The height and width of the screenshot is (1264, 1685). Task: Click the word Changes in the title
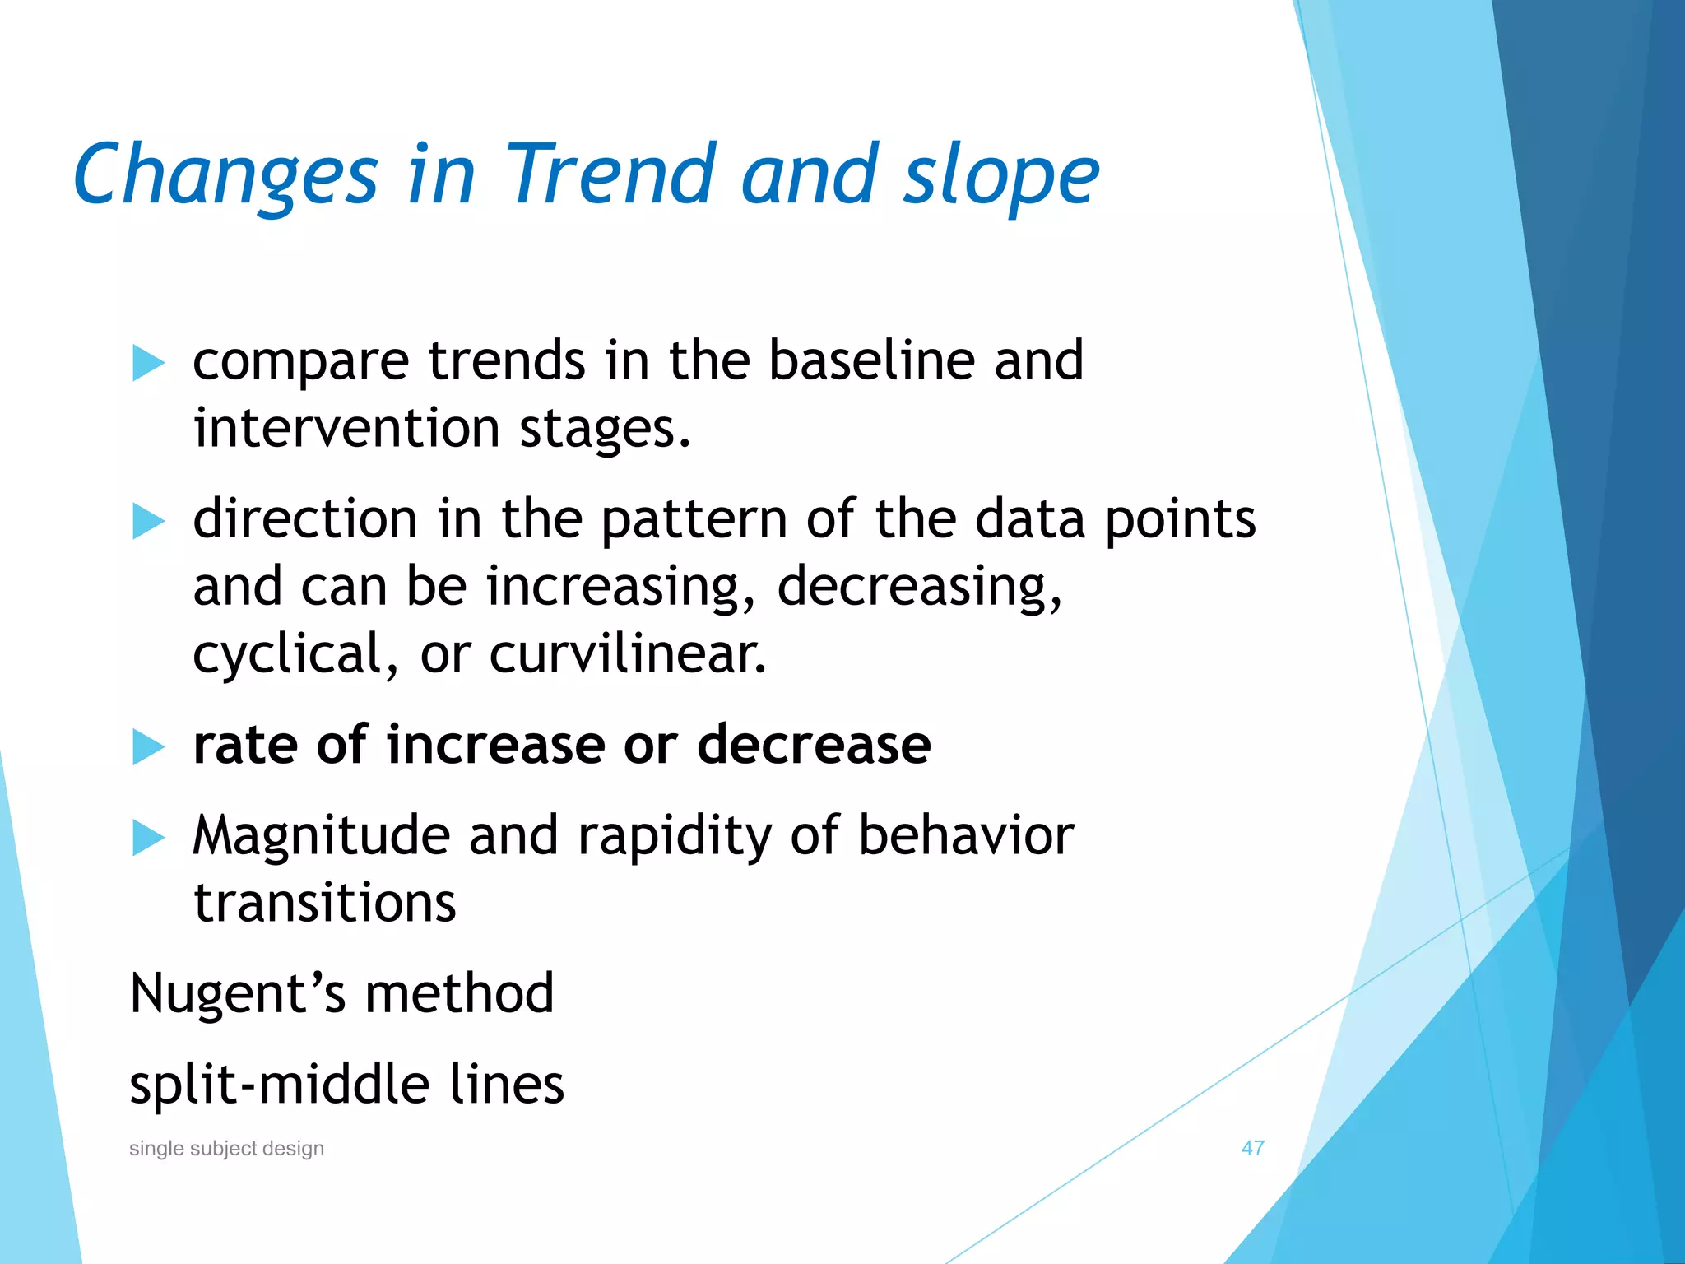pyautogui.click(x=225, y=175)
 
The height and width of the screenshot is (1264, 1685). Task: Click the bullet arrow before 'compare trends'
pyautogui.click(x=148, y=363)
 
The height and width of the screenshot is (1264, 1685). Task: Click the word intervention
pyautogui.click(x=346, y=429)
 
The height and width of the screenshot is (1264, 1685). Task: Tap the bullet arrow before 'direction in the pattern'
pyautogui.click(x=148, y=521)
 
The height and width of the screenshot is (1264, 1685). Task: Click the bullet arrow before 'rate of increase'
pyautogui.click(x=148, y=746)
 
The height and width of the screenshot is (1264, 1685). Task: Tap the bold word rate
pyautogui.click(x=244, y=745)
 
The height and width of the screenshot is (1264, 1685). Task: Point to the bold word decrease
pyautogui.click(x=814, y=745)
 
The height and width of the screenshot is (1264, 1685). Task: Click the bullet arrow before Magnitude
pyautogui.click(x=148, y=838)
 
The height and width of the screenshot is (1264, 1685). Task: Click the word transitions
pyautogui.click(x=324, y=904)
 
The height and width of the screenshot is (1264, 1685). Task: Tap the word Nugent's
pyautogui.click(x=238, y=994)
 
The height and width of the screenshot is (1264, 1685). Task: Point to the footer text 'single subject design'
pyautogui.click(x=226, y=1148)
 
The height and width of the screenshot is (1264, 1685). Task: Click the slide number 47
pyautogui.click(x=1252, y=1148)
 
